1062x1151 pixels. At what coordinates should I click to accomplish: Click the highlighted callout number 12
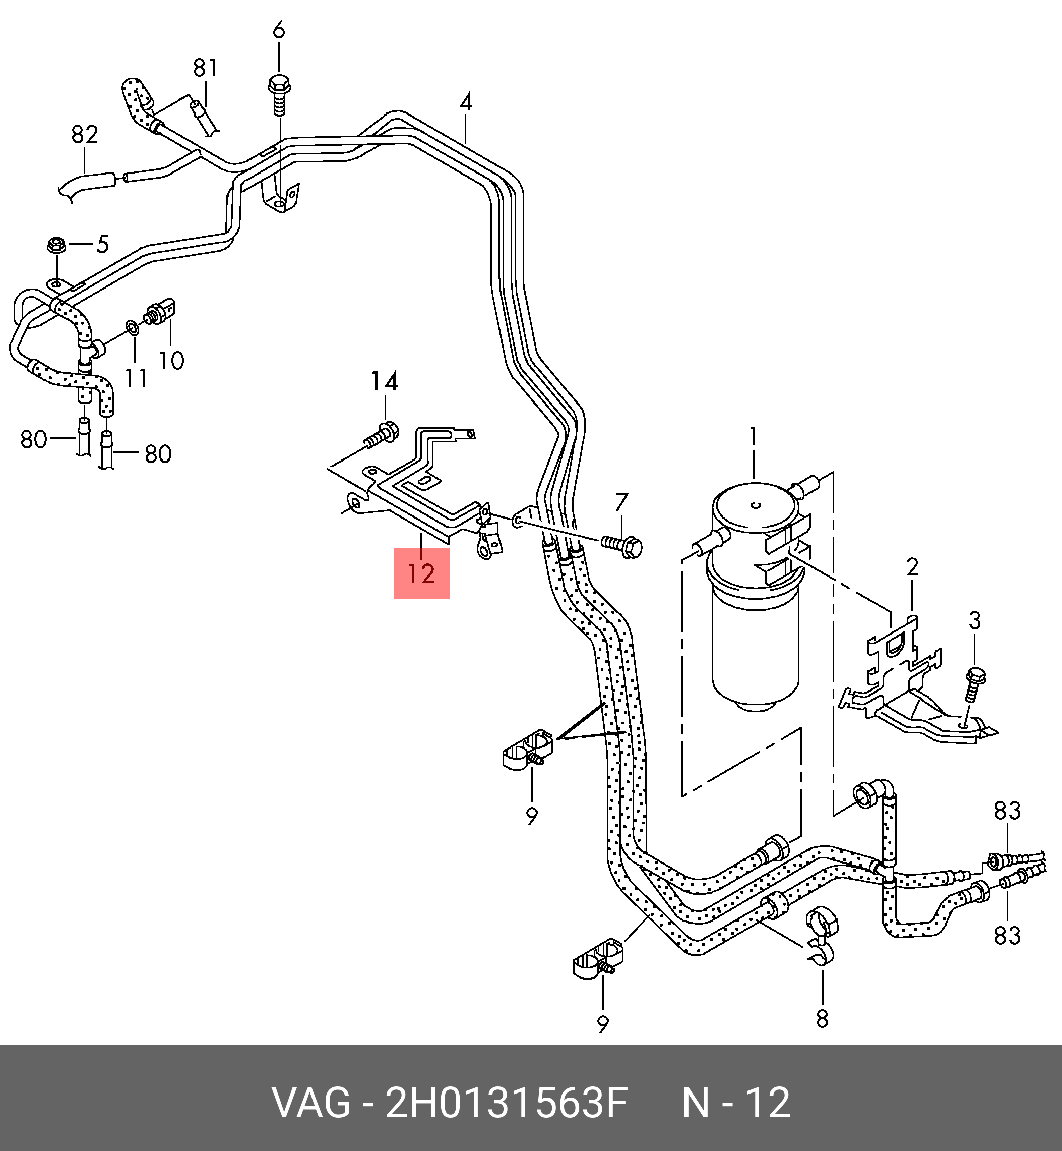tap(421, 573)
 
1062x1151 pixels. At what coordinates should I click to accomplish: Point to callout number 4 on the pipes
tap(466, 103)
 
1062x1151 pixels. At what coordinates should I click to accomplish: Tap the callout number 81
tap(205, 68)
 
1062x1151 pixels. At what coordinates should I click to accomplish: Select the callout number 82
tap(85, 135)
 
